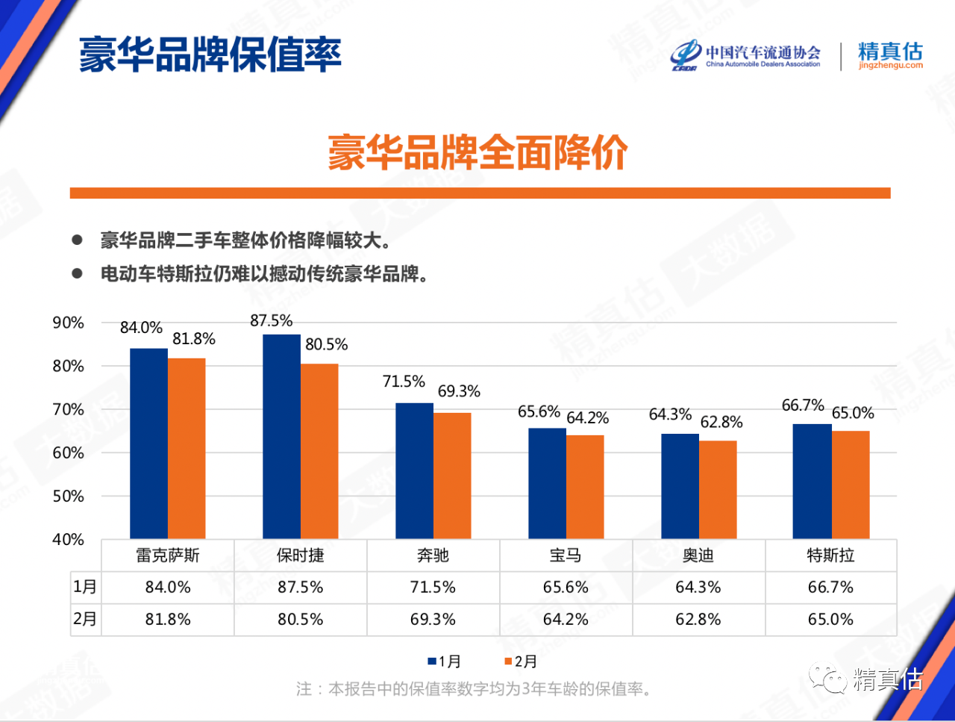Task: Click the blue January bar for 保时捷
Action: coord(281,437)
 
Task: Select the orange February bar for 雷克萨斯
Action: coord(187,449)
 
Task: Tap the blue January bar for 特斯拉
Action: coord(812,482)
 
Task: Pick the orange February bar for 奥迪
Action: coord(718,490)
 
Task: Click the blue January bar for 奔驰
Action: coord(414,471)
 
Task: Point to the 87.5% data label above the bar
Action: coord(271,321)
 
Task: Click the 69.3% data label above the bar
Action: coord(459,391)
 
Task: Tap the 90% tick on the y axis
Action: coord(68,323)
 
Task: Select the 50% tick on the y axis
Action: coord(68,497)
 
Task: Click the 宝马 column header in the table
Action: coord(566,555)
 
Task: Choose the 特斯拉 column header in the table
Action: coord(830,555)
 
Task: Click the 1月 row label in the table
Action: coord(85,588)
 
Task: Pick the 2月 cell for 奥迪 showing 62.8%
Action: coord(698,620)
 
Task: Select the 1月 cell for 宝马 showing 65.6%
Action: coord(566,588)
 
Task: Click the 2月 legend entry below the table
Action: coord(521,662)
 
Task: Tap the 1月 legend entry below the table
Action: coord(445,662)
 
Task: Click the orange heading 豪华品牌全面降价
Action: coord(477,153)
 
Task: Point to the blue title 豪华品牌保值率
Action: coord(210,55)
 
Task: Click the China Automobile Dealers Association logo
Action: coord(745,56)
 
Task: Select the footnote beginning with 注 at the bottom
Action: coord(474,689)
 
